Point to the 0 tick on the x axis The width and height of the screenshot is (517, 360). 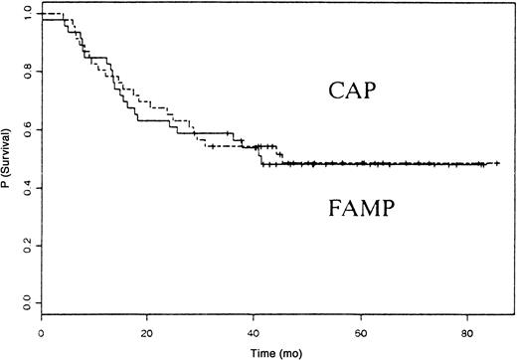42,332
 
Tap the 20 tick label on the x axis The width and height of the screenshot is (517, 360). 147,332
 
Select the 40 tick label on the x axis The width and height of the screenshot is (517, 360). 255,332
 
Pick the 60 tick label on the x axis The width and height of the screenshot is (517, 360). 361,332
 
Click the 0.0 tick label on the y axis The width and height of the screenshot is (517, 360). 24,301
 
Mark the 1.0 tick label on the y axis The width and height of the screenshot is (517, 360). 24,15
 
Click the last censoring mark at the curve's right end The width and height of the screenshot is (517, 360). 496,163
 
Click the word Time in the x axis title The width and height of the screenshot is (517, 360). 261,352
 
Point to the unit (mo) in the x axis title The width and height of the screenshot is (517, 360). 286,352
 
